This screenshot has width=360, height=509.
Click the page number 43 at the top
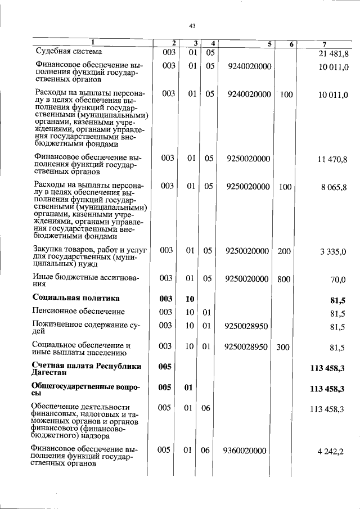pyautogui.click(x=192, y=26)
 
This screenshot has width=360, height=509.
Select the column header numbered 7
pyautogui.click(x=325, y=43)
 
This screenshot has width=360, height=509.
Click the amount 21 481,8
pyautogui.click(x=334, y=53)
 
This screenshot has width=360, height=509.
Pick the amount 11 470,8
pyautogui.click(x=334, y=159)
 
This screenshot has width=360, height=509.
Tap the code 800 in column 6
pyautogui.click(x=284, y=278)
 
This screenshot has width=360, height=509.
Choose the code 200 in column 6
pyautogui.click(x=284, y=251)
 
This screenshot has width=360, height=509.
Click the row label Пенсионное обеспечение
pyautogui.click(x=79, y=312)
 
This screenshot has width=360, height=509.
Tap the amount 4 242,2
pyautogui.click(x=335, y=451)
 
